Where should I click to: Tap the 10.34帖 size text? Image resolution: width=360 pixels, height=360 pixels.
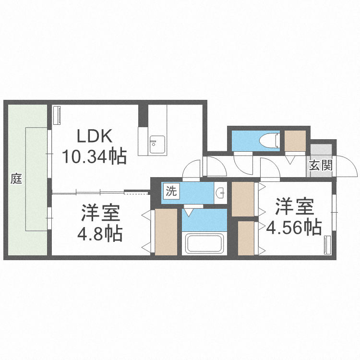pyautogui.click(x=94, y=156)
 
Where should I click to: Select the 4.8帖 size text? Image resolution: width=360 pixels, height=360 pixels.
pyautogui.click(x=100, y=234)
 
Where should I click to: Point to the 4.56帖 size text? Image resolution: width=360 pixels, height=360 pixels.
pyautogui.click(x=294, y=228)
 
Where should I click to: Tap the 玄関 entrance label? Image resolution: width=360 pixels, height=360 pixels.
pyautogui.click(x=320, y=166)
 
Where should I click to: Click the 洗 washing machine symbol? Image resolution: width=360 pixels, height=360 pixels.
pyautogui.click(x=171, y=191)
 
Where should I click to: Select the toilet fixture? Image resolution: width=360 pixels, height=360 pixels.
pyautogui.click(x=268, y=140)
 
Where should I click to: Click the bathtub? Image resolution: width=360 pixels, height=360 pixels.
pyautogui.click(x=204, y=243)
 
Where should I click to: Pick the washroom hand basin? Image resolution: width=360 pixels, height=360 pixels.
pyautogui.click(x=221, y=193)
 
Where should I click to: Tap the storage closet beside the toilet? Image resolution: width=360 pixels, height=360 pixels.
pyautogui.click(x=295, y=140)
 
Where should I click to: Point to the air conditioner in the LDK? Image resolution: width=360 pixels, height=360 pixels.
pyautogui.click(x=57, y=115)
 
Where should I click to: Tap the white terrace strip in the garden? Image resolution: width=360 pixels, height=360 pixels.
pyautogui.click(x=36, y=179)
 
